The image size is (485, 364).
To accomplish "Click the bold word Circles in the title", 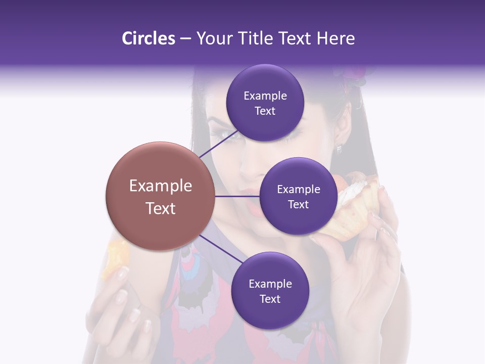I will [x=148, y=38].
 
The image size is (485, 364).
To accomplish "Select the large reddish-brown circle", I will [x=160, y=196].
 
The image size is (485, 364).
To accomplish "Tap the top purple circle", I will [x=265, y=103].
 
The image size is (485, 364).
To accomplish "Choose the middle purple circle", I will [x=298, y=196].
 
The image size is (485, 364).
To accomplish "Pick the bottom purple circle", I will [x=270, y=291].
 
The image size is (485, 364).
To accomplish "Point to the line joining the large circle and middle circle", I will [x=237, y=196].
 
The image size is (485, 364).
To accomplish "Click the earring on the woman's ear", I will [x=339, y=148].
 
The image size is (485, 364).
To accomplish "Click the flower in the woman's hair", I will [x=357, y=76].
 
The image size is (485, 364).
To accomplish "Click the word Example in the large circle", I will [x=160, y=186].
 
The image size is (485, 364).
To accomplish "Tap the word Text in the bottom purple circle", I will [x=270, y=299].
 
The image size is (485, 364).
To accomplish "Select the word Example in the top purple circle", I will [x=265, y=96].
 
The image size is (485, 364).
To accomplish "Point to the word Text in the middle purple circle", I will [x=298, y=204].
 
